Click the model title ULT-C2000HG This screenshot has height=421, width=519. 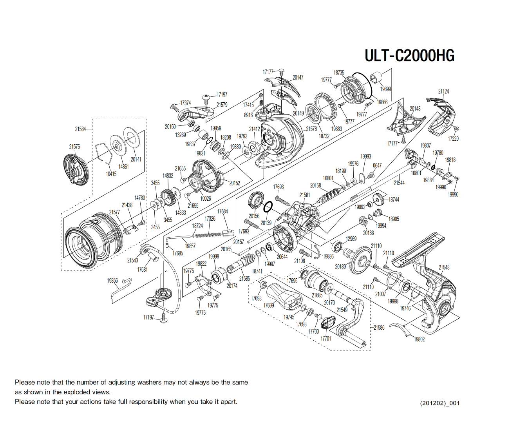pyautogui.click(x=409, y=56)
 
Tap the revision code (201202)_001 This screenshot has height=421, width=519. pyautogui.click(x=439, y=403)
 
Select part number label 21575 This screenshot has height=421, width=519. pyautogui.click(x=74, y=147)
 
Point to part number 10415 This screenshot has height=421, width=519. pyautogui.click(x=111, y=174)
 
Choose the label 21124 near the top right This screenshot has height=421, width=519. pyautogui.click(x=443, y=91)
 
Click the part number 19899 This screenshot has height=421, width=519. pyautogui.click(x=385, y=89)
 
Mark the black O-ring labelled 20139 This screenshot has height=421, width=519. pyautogui.click(x=268, y=207)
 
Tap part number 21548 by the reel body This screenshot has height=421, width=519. pyautogui.click(x=444, y=267)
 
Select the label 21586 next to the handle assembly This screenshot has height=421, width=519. pyautogui.click(x=379, y=327)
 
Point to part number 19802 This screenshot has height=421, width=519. pyautogui.click(x=419, y=339)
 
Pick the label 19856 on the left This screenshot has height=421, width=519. pyautogui.click(x=112, y=280)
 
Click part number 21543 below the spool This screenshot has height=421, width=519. pyautogui.click(x=132, y=260)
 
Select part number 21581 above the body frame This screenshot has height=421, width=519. pyautogui.click(x=304, y=195)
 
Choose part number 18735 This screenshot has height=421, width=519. pyautogui.click(x=339, y=73)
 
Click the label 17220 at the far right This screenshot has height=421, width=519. pyautogui.click(x=453, y=138)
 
